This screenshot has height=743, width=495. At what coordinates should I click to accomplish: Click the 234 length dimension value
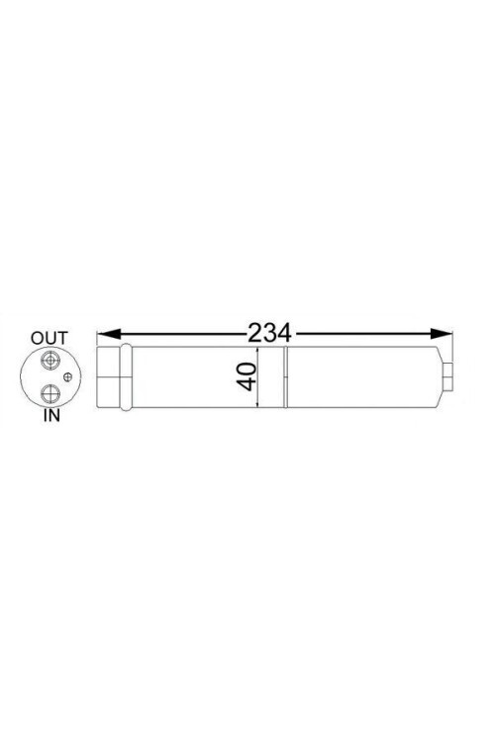pos(269,333)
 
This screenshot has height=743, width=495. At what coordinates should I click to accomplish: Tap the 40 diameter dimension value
pos(247,377)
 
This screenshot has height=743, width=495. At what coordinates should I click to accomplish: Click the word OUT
pos(49,339)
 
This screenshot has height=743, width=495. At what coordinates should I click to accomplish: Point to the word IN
pos(52,415)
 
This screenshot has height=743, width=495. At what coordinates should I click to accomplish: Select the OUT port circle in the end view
pos(49,361)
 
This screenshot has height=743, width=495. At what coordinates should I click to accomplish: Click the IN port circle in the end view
pos(49,393)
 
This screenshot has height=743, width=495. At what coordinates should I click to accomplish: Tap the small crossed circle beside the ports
pos(68,377)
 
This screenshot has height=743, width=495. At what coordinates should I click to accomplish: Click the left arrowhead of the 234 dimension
pos(107,334)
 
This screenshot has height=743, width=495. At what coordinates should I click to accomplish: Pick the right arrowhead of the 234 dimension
pos(442,334)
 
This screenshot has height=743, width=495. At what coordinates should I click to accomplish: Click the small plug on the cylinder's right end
pos(448,377)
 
